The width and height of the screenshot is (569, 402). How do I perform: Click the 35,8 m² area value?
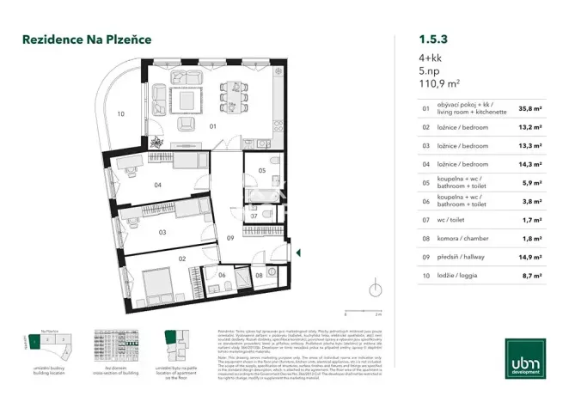[x=530, y=109]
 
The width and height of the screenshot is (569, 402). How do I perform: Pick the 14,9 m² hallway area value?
[x=530, y=256]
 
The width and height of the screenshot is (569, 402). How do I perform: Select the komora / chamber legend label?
[x=460, y=238]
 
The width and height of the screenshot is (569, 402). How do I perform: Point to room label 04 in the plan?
[x=158, y=185]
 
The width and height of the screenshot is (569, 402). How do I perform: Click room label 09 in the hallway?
[x=229, y=237]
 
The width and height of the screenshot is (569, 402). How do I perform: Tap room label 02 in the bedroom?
[x=182, y=258]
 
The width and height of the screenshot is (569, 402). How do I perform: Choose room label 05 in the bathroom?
[x=262, y=171]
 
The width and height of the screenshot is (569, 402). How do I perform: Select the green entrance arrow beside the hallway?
[x=297, y=253]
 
